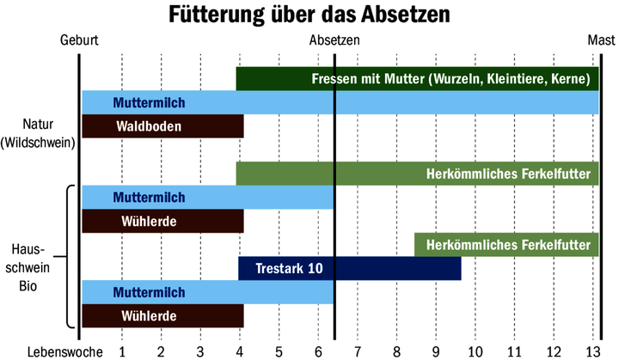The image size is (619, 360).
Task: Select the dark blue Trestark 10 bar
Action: tap(350, 269)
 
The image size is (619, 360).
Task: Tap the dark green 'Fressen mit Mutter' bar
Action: tap(417, 79)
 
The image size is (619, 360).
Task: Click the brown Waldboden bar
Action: tap(162, 126)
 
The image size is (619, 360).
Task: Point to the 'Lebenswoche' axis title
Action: tap(65, 351)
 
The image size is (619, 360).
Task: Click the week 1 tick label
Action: tap(122, 351)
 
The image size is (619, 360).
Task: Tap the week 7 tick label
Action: tap(358, 351)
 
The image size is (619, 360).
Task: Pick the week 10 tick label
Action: tap(475, 351)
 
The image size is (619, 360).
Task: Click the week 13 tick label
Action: tap(592, 351)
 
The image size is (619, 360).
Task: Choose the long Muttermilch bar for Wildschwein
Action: tap(340, 103)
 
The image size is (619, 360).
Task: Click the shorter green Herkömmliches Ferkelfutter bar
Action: tap(506, 245)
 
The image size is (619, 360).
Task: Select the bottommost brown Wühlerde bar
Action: tap(162, 316)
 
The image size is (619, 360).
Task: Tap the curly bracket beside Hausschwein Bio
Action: tap(68, 257)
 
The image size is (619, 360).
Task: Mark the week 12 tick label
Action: tap(553, 351)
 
